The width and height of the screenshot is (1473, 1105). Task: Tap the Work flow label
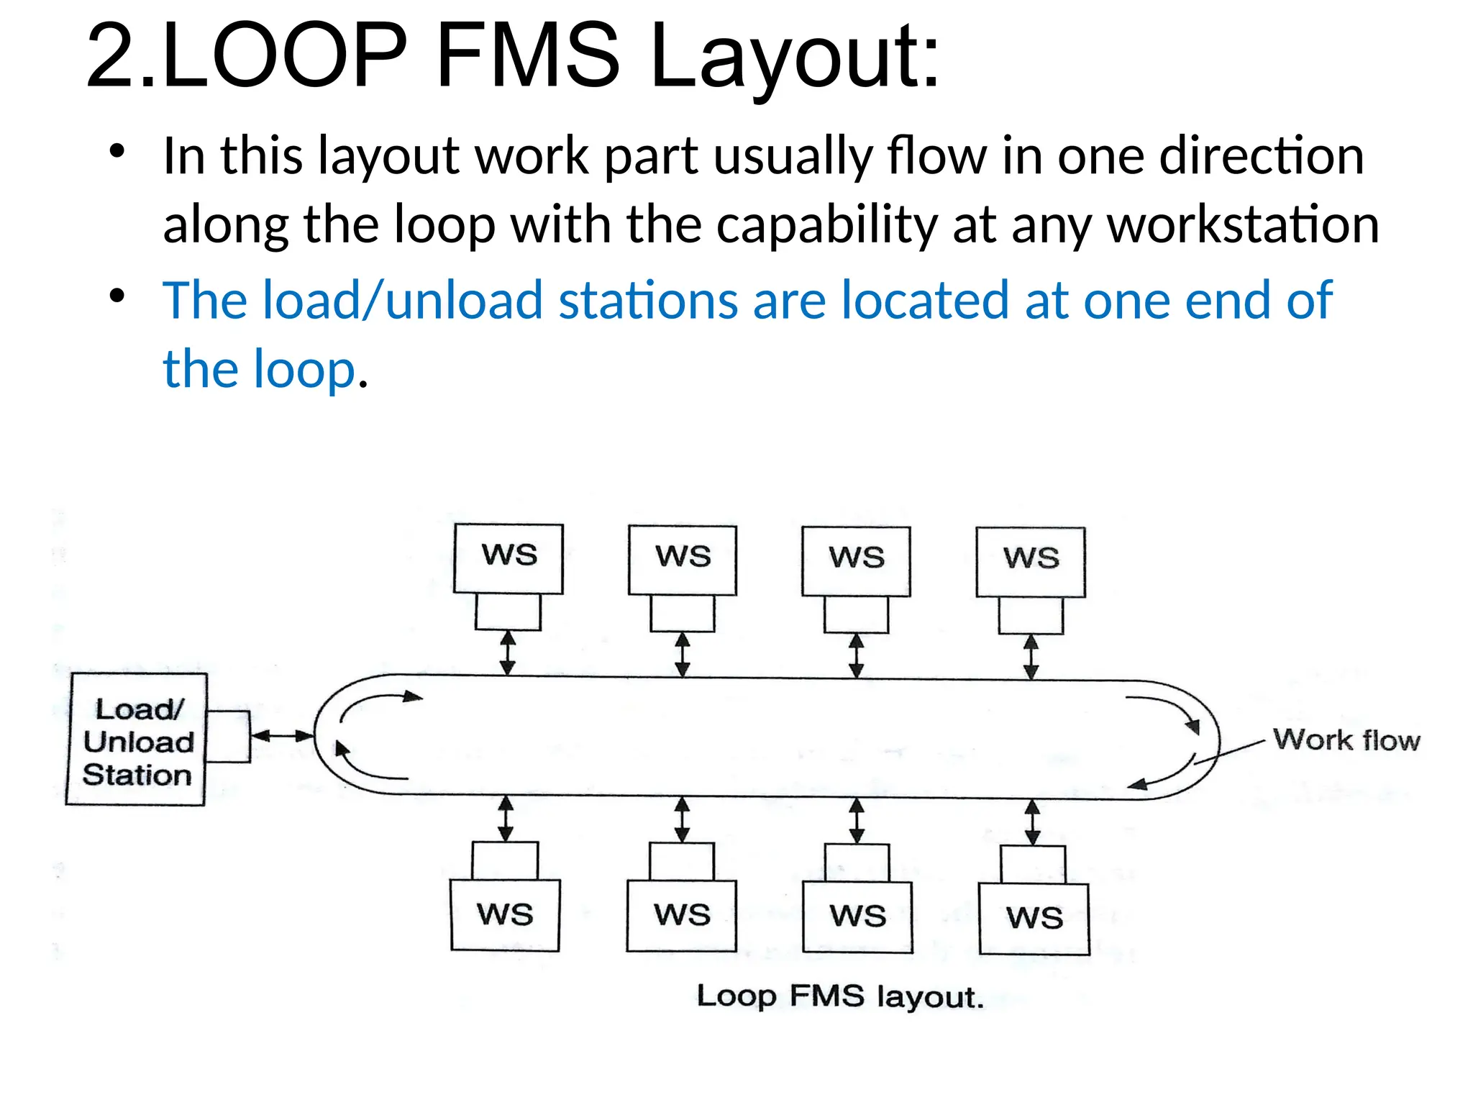tap(1346, 740)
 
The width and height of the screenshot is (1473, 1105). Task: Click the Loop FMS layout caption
tap(839, 996)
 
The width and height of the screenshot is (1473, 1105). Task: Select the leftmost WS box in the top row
tap(509, 558)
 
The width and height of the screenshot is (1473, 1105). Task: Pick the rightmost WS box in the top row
tap(1031, 561)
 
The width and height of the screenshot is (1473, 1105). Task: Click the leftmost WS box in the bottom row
tap(505, 914)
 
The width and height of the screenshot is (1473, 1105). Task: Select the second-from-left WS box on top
tap(683, 560)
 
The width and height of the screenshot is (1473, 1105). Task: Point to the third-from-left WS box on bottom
tap(857, 916)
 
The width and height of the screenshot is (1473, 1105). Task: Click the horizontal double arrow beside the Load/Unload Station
tap(282, 735)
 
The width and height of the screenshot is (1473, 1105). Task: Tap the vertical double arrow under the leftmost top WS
tap(508, 652)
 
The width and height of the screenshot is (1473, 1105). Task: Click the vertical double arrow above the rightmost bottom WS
tap(1032, 822)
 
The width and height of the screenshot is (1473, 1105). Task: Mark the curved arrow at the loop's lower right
tap(1165, 776)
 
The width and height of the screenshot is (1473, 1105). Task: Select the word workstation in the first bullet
tap(1243, 224)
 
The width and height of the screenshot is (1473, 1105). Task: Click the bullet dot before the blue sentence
tap(117, 296)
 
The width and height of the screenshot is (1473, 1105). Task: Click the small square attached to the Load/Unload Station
tap(228, 736)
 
